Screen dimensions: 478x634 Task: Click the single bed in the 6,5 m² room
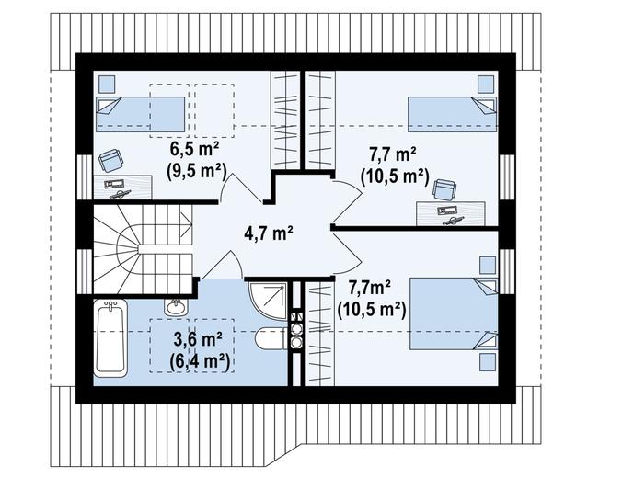point(143,114)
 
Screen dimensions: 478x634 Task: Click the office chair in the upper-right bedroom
point(445,188)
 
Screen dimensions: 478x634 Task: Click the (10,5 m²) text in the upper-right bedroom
point(394,175)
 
